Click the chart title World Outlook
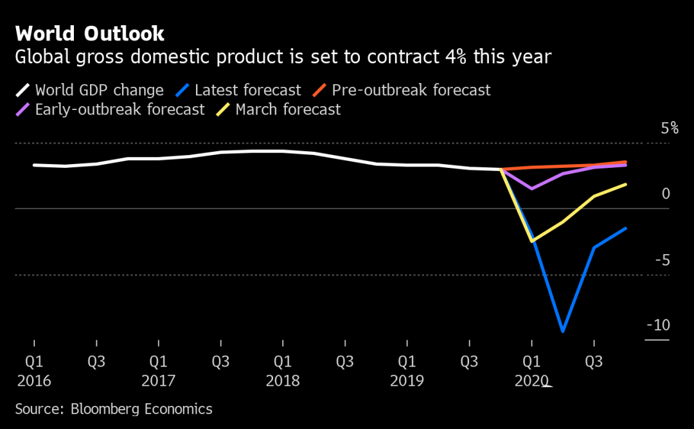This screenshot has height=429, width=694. [x=89, y=33]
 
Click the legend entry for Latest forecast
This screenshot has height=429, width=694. [x=247, y=90]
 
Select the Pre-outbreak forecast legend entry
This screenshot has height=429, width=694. [x=411, y=90]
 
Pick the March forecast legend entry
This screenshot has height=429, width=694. [x=288, y=109]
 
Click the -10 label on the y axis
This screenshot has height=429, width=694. [x=658, y=325]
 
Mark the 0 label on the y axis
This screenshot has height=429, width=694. [x=666, y=194]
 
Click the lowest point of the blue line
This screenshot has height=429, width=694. [x=563, y=331]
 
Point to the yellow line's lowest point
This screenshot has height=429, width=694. [x=532, y=241]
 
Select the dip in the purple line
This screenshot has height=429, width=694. [x=532, y=188]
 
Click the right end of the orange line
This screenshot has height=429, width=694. [x=625, y=162]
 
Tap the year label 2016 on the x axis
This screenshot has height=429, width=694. [x=34, y=381]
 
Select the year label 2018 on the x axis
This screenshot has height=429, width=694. [x=283, y=381]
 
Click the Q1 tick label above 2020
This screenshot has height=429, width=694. [x=531, y=362]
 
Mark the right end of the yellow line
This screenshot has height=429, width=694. [x=625, y=185]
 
